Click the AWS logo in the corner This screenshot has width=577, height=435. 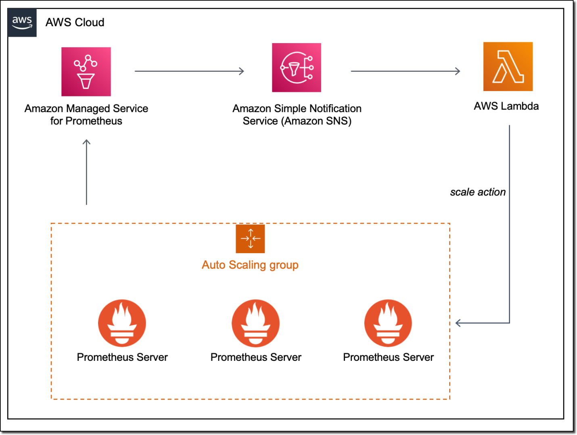(x=22, y=23)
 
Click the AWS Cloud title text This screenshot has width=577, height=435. (x=75, y=23)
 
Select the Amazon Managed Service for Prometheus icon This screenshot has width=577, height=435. (x=86, y=72)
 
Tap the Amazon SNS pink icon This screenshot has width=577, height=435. (x=297, y=68)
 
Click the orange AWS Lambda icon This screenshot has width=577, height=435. (x=508, y=67)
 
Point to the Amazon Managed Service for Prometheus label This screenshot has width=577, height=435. (x=86, y=114)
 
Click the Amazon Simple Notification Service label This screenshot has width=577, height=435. (x=297, y=114)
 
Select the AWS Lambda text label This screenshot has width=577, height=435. (x=506, y=106)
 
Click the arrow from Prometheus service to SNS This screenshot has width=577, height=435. (x=189, y=71)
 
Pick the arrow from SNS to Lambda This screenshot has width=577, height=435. (x=405, y=71)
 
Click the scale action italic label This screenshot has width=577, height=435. (x=478, y=192)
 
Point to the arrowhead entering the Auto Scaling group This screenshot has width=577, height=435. (x=458, y=323)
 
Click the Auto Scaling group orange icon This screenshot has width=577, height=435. (x=250, y=239)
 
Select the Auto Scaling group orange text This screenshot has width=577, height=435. (x=250, y=265)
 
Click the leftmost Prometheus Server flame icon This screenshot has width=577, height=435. (x=122, y=323)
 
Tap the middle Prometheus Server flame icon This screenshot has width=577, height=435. (x=255, y=323)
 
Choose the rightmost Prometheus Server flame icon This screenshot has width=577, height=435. (x=388, y=323)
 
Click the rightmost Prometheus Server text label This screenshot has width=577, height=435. (x=388, y=357)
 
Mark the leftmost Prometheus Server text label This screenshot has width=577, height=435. (x=122, y=357)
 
